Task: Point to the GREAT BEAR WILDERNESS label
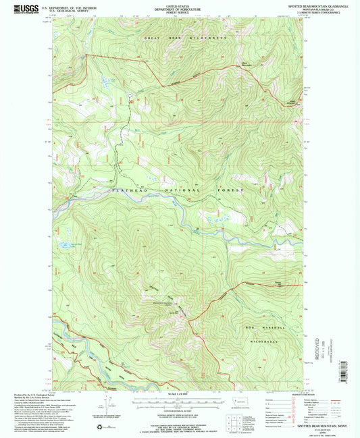coord(185,38)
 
